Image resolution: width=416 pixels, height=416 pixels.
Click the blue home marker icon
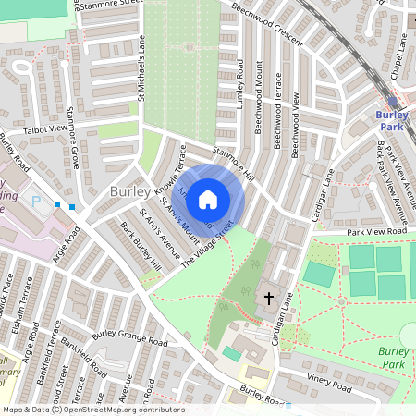coord(208,198)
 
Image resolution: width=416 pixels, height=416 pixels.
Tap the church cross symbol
coord(269,298)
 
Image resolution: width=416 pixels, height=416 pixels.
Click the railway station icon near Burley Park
coord(393,102)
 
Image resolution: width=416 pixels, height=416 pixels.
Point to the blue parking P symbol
coord(36,199)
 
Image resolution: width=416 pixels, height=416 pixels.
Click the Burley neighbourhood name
coord(129,190)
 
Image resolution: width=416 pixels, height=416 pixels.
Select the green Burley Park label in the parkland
coord(396,357)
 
